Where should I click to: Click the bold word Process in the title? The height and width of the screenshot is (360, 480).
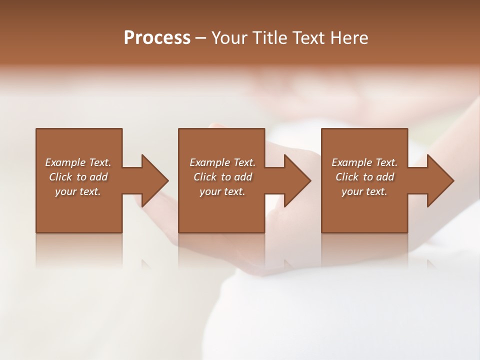157,38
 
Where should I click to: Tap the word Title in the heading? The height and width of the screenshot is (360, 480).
270,38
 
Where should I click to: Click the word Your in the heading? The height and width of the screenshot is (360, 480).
230,38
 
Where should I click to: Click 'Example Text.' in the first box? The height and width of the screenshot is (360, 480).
78,162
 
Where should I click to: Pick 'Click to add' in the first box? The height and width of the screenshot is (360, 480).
78,177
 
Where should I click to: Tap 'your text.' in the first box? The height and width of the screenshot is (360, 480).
78,191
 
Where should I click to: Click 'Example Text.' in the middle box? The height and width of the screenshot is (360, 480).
222,162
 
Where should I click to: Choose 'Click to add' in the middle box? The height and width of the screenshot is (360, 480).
222,177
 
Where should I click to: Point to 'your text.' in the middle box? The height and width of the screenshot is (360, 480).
222,191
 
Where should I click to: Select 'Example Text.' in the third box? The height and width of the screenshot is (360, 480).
364,162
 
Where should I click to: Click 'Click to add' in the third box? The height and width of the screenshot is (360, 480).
364,177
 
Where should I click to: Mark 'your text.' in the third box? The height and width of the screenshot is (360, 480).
364,191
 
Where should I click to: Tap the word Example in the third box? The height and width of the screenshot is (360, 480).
352,162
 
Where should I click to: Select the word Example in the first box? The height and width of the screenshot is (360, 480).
65,162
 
